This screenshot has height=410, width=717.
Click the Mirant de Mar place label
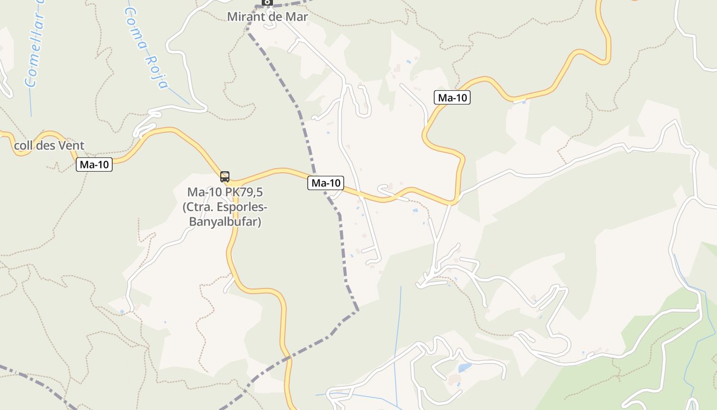point(267,16)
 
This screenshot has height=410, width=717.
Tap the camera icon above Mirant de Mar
point(267,3)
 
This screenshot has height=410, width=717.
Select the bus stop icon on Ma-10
point(225,177)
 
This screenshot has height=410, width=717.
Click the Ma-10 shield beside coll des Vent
point(94,165)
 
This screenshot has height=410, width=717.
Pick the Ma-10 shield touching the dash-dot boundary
point(326,183)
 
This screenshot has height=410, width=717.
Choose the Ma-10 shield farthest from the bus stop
point(452,97)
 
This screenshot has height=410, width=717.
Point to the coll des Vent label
point(49,146)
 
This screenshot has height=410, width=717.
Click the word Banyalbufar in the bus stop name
point(225,222)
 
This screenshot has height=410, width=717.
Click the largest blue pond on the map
point(465,368)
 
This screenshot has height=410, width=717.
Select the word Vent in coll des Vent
point(71,146)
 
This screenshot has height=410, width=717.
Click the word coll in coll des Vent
point(23,146)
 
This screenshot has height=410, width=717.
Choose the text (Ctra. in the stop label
point(199,208)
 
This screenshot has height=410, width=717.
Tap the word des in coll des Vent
point(46,146)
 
